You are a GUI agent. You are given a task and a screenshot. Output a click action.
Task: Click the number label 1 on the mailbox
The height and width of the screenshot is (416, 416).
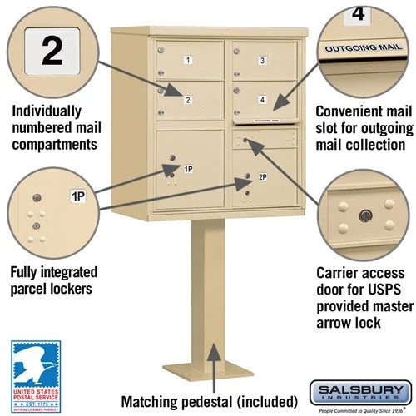[x=188, y=60]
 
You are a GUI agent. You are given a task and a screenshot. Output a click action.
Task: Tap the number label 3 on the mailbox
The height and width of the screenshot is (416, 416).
[x=261, y=60]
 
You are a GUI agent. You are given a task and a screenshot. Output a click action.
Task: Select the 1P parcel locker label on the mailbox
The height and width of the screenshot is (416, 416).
[x=189, y=170]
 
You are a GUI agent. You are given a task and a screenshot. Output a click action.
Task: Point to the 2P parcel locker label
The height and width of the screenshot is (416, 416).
[x=262, y=177]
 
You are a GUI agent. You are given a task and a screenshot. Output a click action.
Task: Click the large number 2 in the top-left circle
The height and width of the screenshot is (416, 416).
[x=52, y=51]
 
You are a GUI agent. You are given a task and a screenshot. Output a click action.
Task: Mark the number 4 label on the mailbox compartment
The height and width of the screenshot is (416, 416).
[x=262, y=101]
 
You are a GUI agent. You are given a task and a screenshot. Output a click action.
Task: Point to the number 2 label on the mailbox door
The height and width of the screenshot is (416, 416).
[x=188, y=101]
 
